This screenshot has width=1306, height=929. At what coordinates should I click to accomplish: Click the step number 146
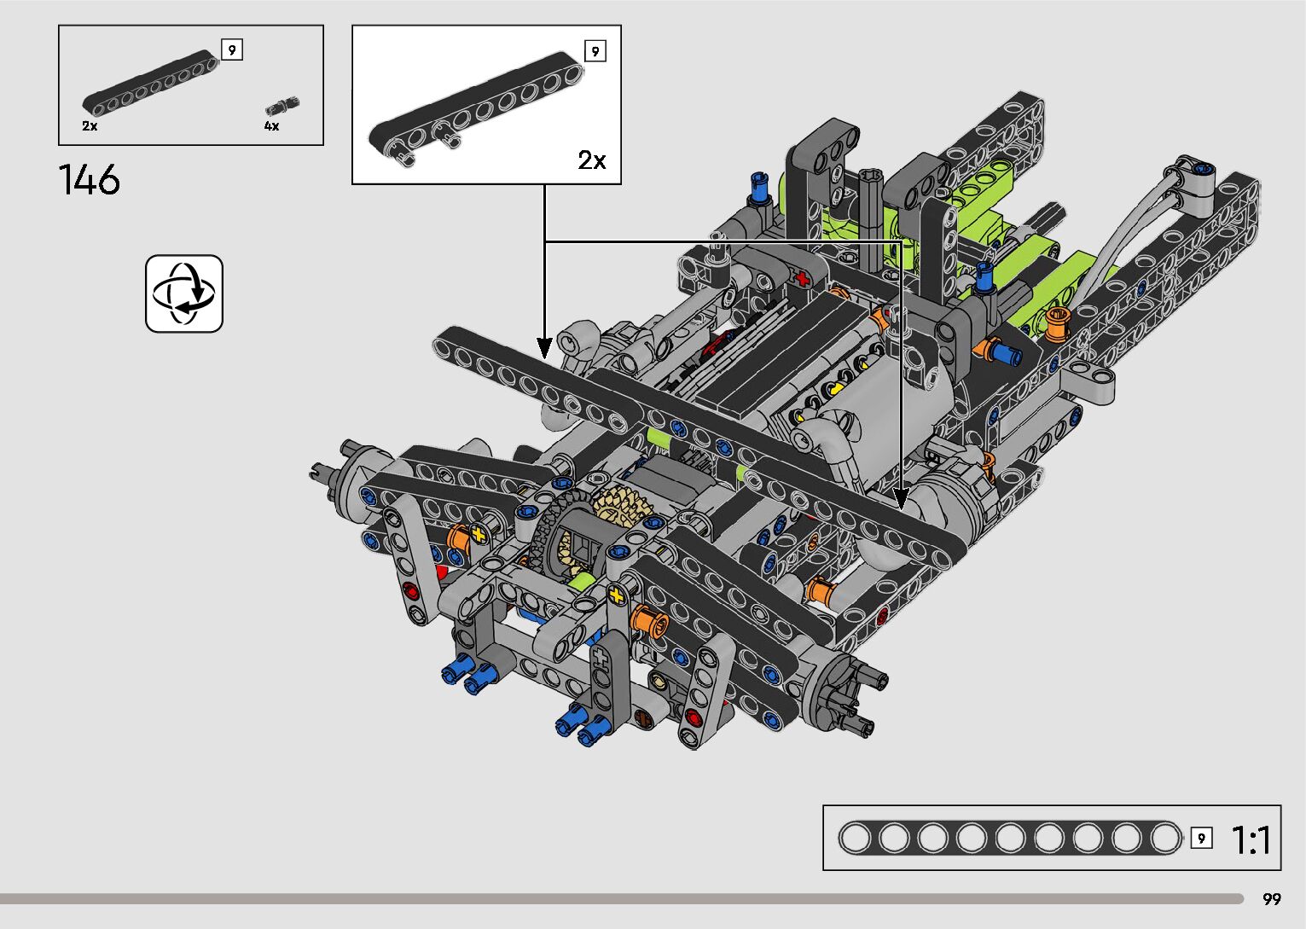pos(90,180)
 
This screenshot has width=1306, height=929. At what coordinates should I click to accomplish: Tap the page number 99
pos(1272,898)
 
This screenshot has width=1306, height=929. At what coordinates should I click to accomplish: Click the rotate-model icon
pos(184,293)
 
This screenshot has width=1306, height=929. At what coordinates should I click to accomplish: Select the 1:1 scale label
pos(1251,839)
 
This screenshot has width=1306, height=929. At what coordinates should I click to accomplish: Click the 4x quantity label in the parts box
pos(272,126)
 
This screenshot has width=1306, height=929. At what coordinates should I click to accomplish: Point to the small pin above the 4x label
pos(282,107)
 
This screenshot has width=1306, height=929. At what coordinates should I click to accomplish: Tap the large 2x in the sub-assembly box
pos(592,160)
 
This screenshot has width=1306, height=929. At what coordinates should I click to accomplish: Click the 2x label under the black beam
pos(90,126)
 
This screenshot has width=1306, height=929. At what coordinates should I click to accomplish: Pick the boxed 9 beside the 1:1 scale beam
pos(1201,838)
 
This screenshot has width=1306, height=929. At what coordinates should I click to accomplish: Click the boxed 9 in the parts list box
pos(232,49)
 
